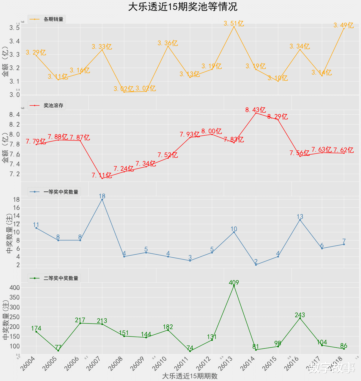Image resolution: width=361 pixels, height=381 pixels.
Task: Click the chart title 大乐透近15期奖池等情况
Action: [183, 7]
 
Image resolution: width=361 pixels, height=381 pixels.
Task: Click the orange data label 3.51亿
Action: [234, 23]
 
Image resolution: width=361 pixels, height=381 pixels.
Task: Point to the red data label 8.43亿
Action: [255, 110]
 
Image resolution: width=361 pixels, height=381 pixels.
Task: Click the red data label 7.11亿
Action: [102, 175]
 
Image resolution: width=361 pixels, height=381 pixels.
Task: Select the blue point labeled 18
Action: [102, 200]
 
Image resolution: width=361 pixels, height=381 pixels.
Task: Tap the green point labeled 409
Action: [234, 286]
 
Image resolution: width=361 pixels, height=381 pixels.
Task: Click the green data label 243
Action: [300, 315]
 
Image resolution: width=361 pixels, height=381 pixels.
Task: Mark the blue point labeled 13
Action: [300, 220]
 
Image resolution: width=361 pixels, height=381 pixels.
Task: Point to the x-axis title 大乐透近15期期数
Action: [190, 376]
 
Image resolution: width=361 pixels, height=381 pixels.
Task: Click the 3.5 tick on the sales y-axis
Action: [14, 28]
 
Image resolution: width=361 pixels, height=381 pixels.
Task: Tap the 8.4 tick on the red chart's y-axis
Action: [14, 115]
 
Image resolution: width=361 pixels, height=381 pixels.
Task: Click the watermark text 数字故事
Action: [332, 368]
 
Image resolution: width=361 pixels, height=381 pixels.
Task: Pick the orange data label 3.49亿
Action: [344, 25]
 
